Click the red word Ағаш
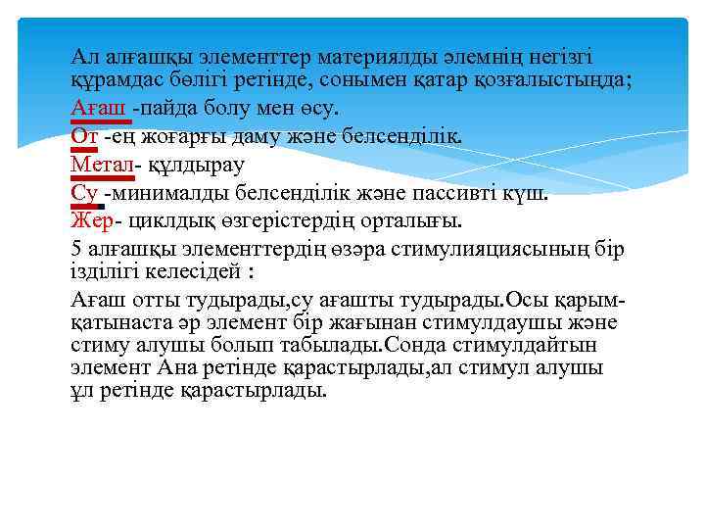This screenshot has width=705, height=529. coord(101,107)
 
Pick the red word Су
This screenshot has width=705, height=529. coord(84,192)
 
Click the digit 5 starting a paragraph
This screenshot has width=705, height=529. coord(77,248)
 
